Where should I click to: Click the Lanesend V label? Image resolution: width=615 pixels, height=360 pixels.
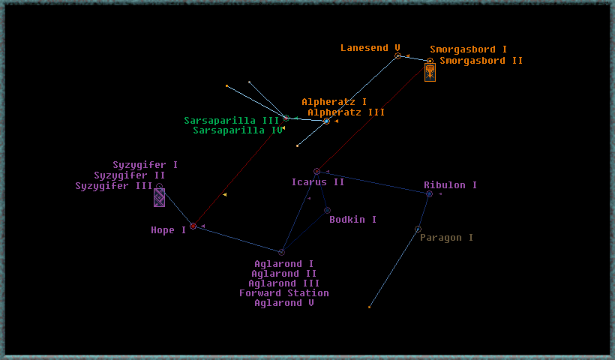(370, 48)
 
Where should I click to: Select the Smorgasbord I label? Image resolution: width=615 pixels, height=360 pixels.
(468, 49)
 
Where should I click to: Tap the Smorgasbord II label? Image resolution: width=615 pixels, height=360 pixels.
(481, 61)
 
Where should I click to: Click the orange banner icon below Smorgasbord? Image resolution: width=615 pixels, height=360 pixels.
(430, 73)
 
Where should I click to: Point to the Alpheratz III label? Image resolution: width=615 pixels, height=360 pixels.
(346, 112)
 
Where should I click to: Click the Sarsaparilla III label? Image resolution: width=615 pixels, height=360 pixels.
(232, 121)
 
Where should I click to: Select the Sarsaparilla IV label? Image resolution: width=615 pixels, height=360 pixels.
(238, 130)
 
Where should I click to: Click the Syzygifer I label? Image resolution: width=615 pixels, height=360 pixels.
(145, 165)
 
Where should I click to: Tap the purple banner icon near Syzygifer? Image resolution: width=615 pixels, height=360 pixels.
(159, 197)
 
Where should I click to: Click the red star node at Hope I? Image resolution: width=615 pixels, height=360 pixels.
(193, 226)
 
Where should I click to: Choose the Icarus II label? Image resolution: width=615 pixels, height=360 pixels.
(318, 182)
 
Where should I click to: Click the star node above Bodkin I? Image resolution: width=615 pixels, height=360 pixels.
(327, 211)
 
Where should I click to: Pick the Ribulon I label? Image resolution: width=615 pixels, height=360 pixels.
(450, 185)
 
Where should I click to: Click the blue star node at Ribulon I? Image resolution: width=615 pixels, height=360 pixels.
(429, 193)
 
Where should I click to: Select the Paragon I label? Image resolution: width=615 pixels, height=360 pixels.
(446, 238)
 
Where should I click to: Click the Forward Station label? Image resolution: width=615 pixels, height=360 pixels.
(284, 293)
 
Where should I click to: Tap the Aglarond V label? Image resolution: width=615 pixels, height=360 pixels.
(284, 303)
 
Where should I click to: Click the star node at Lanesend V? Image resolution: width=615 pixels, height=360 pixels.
(397, 56)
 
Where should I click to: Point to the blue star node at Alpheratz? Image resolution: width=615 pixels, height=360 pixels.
(326, 121)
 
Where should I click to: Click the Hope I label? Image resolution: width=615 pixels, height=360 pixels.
(168, 230)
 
